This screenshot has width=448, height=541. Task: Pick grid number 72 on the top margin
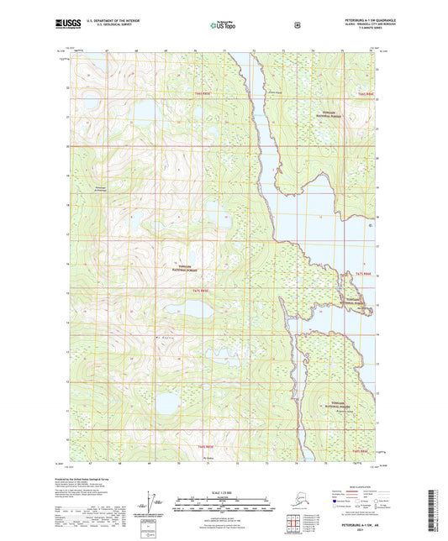coord(253,51)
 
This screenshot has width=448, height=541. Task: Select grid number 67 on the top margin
coord(108,51)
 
